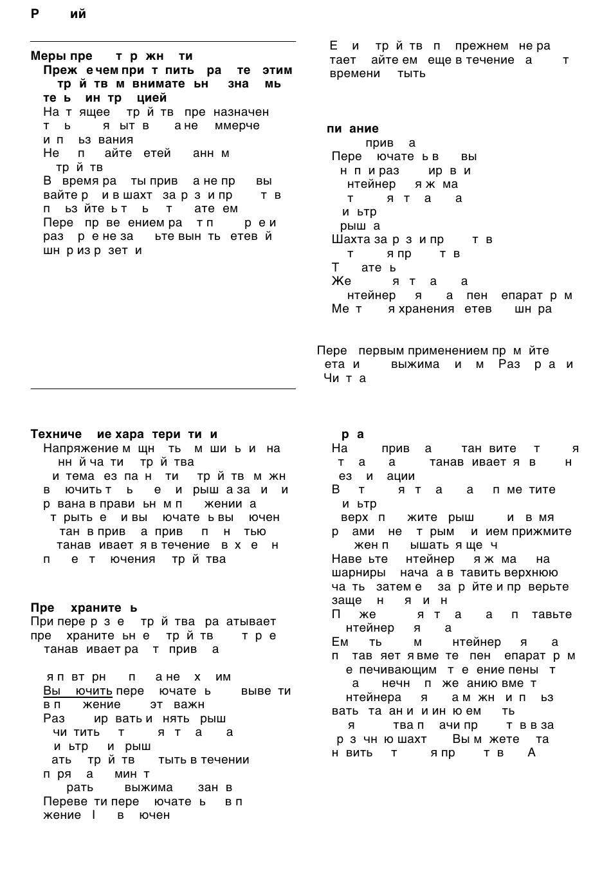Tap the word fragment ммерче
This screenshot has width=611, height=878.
coord(237,125)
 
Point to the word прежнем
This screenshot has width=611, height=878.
coord(482,46)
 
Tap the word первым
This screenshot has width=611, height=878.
coord(381,351)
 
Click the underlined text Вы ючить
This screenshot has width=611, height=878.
coord(78,691)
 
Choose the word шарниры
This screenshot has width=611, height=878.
coord(359,572)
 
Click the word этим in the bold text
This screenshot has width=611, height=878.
coord(277,70)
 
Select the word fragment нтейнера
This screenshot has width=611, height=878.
coord(374,697)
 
